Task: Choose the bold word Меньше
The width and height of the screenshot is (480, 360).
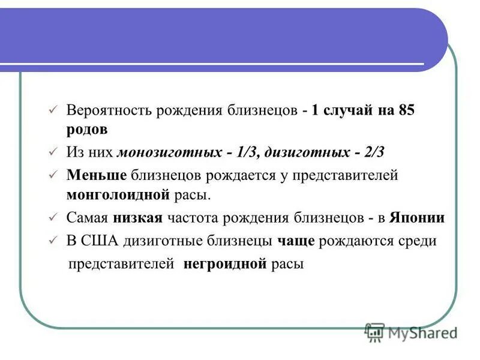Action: click(x=97, y=175)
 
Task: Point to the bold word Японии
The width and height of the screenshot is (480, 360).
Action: click(x=417, y=217)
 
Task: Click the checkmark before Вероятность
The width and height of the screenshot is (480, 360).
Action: click(x=52, y=112)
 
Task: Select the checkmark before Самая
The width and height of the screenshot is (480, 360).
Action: click(x=52, y=218)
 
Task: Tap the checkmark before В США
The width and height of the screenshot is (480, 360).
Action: click(x=52, y=242)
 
